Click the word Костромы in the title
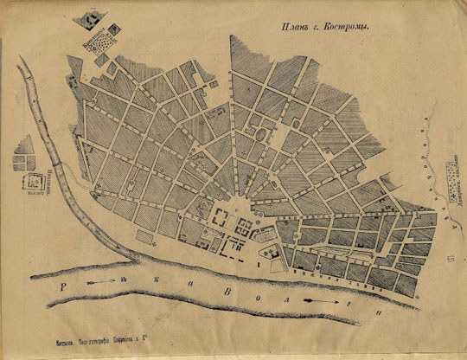(x=345, y=27)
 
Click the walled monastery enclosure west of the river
(x=35, y=183)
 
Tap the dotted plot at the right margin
(x=451, y=183)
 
